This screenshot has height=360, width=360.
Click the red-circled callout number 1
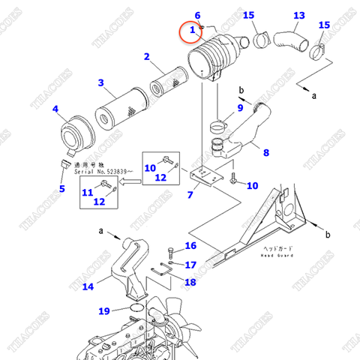[193, 30]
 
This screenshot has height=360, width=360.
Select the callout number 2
[147, 56]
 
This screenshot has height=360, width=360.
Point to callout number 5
[61, 188]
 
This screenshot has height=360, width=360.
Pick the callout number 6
[197, 15]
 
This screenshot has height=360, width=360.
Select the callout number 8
[265, 154]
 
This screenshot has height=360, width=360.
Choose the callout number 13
[299, 15]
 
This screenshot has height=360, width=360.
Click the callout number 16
[190, 246]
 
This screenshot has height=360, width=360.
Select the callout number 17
[190, 264]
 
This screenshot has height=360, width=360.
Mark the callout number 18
[190, 282]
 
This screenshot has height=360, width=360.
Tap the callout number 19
[103, 310]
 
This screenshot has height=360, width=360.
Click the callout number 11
[87, 193]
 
